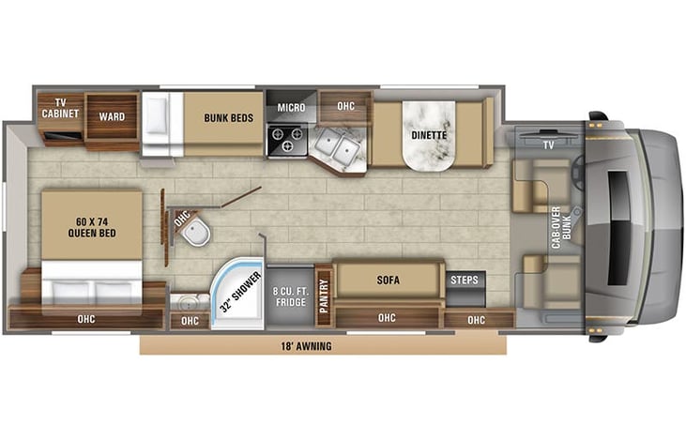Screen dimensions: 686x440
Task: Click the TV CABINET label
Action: (x=60, y=108)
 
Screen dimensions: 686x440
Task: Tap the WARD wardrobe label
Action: (x=112, y=116)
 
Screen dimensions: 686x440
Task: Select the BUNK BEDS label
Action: (x=228, y=118)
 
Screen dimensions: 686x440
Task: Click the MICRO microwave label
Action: (x=291, y=108)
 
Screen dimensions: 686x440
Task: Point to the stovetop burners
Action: (x=286, y=140)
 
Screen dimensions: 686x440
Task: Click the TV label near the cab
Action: (x=548, y=144)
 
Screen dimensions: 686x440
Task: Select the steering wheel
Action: (x=577, y=174)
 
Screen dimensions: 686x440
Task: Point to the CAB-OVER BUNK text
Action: (x=561, y=227)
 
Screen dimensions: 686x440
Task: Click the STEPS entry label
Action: (x=465, y=280)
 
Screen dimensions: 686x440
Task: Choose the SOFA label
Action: (x=389, y=280)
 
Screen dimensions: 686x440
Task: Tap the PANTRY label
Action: (x=324, y=296)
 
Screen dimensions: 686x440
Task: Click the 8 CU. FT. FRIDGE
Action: (x=291, y=296)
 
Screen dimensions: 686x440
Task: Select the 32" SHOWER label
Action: (x=240, y=292)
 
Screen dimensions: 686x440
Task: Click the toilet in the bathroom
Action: (x=195, y=231)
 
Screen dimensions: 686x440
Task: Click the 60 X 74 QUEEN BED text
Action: (x=92, y=227)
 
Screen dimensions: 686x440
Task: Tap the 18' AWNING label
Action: (x=306, y=346)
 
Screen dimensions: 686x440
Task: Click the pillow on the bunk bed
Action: (x=156, y=115)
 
